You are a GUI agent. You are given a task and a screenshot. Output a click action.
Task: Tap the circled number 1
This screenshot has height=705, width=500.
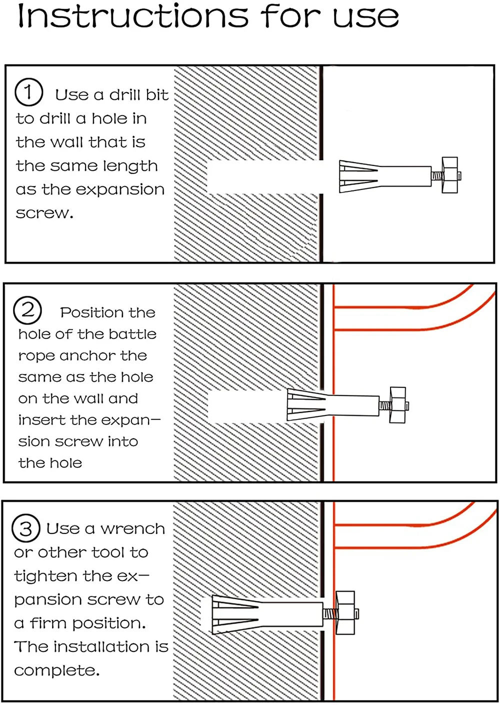(x=28, y=92)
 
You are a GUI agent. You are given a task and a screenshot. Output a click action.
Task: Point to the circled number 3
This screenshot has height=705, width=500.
(x=26, y=528)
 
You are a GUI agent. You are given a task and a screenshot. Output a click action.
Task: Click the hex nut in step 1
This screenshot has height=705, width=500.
(x=450, y=175)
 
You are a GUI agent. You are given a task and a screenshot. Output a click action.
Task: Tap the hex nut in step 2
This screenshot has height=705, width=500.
(x=397, y=404)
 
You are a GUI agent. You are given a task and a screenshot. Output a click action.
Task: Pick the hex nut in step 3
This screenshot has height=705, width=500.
(x=345, y=613)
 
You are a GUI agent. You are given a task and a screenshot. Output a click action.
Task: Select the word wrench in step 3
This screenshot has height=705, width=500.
(x=132, y=529)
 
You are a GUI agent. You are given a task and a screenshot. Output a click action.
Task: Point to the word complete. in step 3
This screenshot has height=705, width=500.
(x=56, y=670)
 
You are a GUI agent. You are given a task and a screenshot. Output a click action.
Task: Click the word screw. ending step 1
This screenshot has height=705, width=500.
(x=44, y=213)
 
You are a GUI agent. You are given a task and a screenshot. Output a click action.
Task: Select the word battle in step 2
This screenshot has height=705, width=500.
(x=133, y=334)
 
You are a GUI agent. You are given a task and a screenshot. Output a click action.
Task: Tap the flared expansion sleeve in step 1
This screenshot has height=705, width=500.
(x=358, y=176)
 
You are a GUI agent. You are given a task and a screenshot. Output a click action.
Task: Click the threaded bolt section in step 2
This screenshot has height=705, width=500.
(x=384, y=404)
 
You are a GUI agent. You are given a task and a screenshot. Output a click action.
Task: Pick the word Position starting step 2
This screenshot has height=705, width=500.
(x=92, y=313)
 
